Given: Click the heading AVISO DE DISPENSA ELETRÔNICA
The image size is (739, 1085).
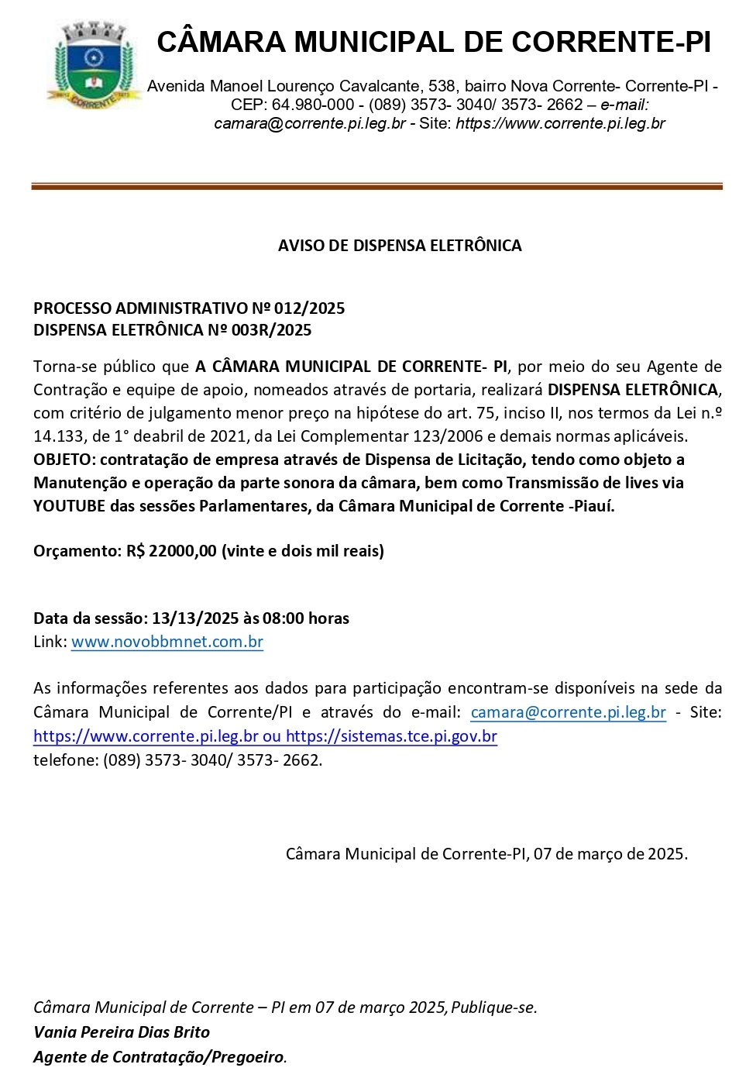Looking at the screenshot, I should coord(400,246).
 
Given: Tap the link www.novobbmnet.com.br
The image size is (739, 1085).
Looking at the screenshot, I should coord(167,642).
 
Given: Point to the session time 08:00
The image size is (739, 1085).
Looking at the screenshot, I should coord(284,618).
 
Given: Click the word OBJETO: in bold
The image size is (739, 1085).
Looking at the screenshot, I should coord(64,460).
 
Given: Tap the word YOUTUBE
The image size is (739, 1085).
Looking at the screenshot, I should coord(69,506).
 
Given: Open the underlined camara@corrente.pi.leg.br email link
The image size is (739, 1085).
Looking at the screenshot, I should coord(568,712).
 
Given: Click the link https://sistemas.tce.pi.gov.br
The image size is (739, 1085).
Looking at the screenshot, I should coord(391,736).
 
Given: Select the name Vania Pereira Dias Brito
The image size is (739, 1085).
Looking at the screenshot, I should coord(122,1032).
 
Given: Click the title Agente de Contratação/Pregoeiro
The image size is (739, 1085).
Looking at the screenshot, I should coord(159,1057).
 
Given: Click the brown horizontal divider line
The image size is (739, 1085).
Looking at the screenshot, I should coord(376,187).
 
